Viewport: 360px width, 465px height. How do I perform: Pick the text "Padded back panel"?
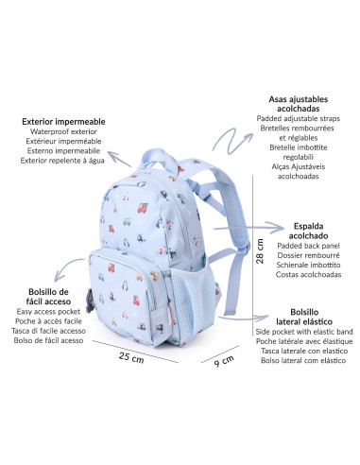(x=303, y=246)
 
